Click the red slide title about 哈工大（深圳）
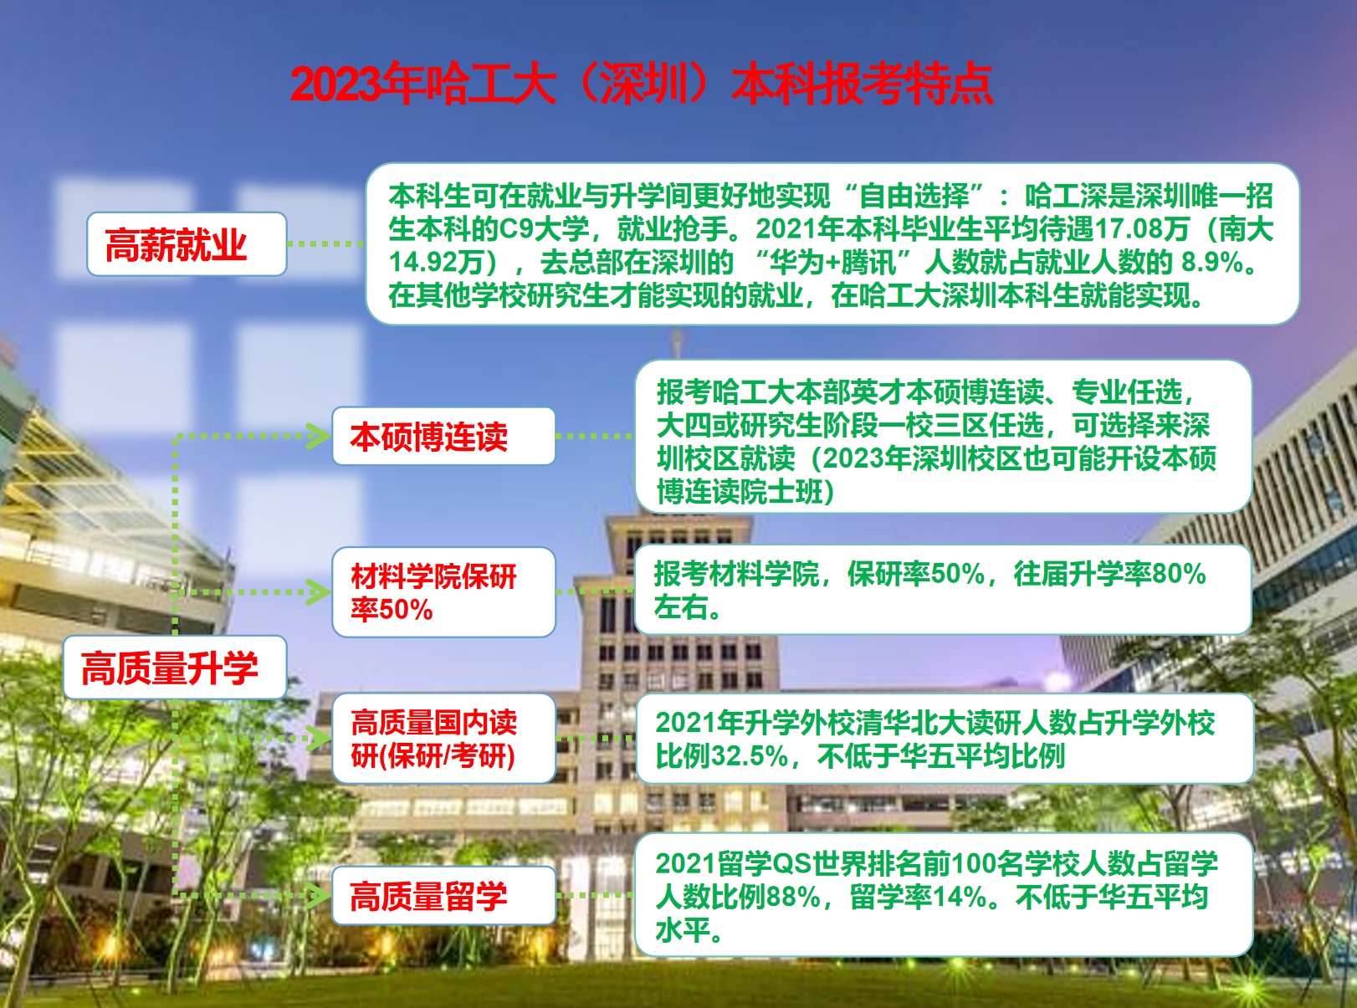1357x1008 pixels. point(641,84)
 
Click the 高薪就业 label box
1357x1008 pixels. point(187,244)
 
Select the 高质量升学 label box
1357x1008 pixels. point(175,668)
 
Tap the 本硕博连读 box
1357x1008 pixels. point(443,437)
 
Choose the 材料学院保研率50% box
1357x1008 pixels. point(443,592)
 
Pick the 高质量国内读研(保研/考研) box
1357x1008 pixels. point(443,739)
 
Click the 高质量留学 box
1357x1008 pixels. point(443,896)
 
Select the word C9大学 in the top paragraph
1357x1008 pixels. point(543,229)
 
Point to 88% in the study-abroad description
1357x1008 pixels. point(793,898)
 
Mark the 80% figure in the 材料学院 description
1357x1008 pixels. point(1179,575)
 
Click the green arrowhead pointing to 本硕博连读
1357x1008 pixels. point(319,436)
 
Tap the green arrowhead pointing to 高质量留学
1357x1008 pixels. point(319,895)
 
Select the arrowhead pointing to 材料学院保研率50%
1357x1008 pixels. point(319,592)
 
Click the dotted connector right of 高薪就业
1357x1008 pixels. point(325,244)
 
